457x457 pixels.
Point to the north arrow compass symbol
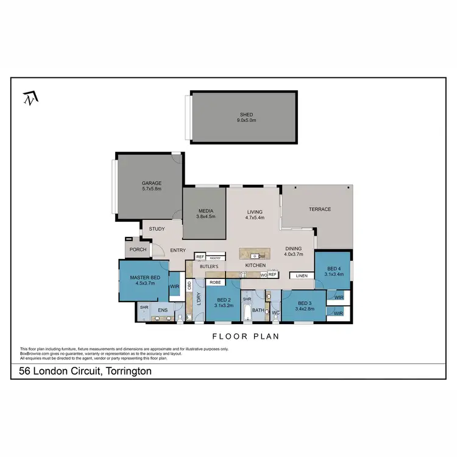tap(29, 97)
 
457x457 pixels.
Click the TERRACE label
tap(319, 209)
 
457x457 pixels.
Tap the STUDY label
tap(157, 229)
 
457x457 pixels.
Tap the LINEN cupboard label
tap(302, 276)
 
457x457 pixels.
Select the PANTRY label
tap(214, 258)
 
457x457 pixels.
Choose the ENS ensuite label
tap(163, 311)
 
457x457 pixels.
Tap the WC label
tap(275, 313)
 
